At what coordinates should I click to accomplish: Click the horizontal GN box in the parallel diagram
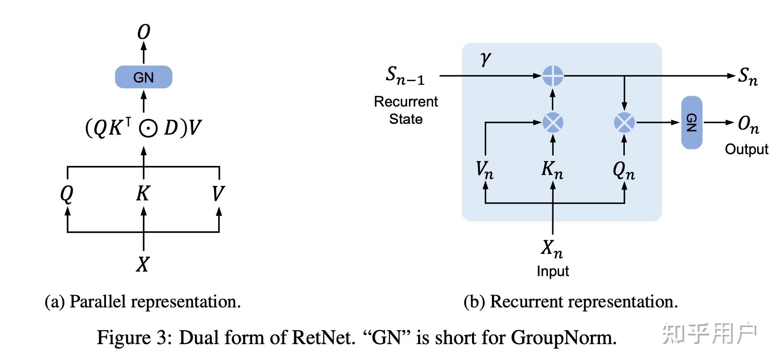coord(143,77)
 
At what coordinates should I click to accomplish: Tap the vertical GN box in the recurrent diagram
coord(691,122)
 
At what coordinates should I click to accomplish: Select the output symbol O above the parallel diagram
coord(143,32)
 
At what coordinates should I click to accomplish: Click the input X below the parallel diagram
coord(143,264)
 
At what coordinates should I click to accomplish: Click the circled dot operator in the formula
coord(148,128)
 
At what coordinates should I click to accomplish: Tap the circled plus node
coord(553,76)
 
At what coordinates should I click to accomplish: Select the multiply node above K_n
coord(553,122)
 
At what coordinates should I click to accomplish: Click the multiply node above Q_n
coord(624,122)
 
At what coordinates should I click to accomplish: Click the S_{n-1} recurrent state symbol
coord(405,75)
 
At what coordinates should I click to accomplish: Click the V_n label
coord(484,170)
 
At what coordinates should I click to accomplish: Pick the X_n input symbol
coord(552,248)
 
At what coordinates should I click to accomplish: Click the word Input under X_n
coord(552,271)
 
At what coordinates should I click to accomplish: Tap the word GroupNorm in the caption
coord(564,338)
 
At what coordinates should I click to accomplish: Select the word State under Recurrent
coord(405,119)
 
